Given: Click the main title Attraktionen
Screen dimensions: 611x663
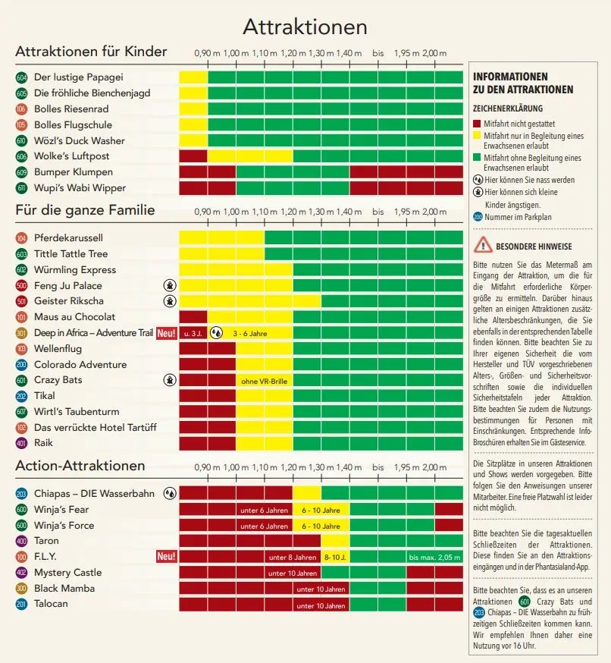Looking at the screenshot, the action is click(x=305, y=27).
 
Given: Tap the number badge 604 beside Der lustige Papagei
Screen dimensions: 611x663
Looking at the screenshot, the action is click(x=21, y=77).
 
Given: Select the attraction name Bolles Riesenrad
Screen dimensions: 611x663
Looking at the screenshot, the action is click(x=71, y=109).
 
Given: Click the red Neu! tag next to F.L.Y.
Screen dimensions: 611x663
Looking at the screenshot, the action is click(x=166, y=557).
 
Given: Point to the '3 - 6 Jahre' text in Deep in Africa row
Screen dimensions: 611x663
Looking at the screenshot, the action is click(x=250, y=334).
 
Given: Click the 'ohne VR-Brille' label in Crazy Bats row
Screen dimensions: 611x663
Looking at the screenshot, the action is click(x=264, y=382).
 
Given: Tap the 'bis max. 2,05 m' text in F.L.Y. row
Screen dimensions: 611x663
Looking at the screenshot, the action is click(x=434, y=558).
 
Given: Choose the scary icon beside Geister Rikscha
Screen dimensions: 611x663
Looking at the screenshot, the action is click(x=170, y=301).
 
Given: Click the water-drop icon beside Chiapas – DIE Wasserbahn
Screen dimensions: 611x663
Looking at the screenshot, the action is click(x=170, y=493).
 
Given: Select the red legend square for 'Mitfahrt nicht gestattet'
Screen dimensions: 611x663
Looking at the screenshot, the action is click(x=477, y=124).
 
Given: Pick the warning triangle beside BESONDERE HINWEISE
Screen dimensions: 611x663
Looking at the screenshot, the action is click(x=483, y=245).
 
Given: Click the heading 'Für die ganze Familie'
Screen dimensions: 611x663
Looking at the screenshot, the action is click(x=86, y=210).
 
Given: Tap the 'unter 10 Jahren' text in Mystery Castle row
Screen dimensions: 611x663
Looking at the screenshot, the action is click(x=293, y=573).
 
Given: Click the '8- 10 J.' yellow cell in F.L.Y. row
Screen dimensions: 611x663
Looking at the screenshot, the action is click(x=335, y=558).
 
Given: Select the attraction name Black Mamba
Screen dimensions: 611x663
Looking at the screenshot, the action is click(x=64, y=589).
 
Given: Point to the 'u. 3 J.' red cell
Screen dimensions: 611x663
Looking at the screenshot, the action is click(x=193, y=333).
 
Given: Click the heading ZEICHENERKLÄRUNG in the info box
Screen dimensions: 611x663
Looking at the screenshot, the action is click(x=508, y=108).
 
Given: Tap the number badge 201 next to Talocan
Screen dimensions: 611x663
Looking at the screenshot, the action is click(x=21, y=605).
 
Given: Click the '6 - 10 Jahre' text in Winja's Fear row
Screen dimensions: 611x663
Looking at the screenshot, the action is click(x=321, y=511).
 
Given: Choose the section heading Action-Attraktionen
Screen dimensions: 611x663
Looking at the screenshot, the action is click(x=80, y=466).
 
